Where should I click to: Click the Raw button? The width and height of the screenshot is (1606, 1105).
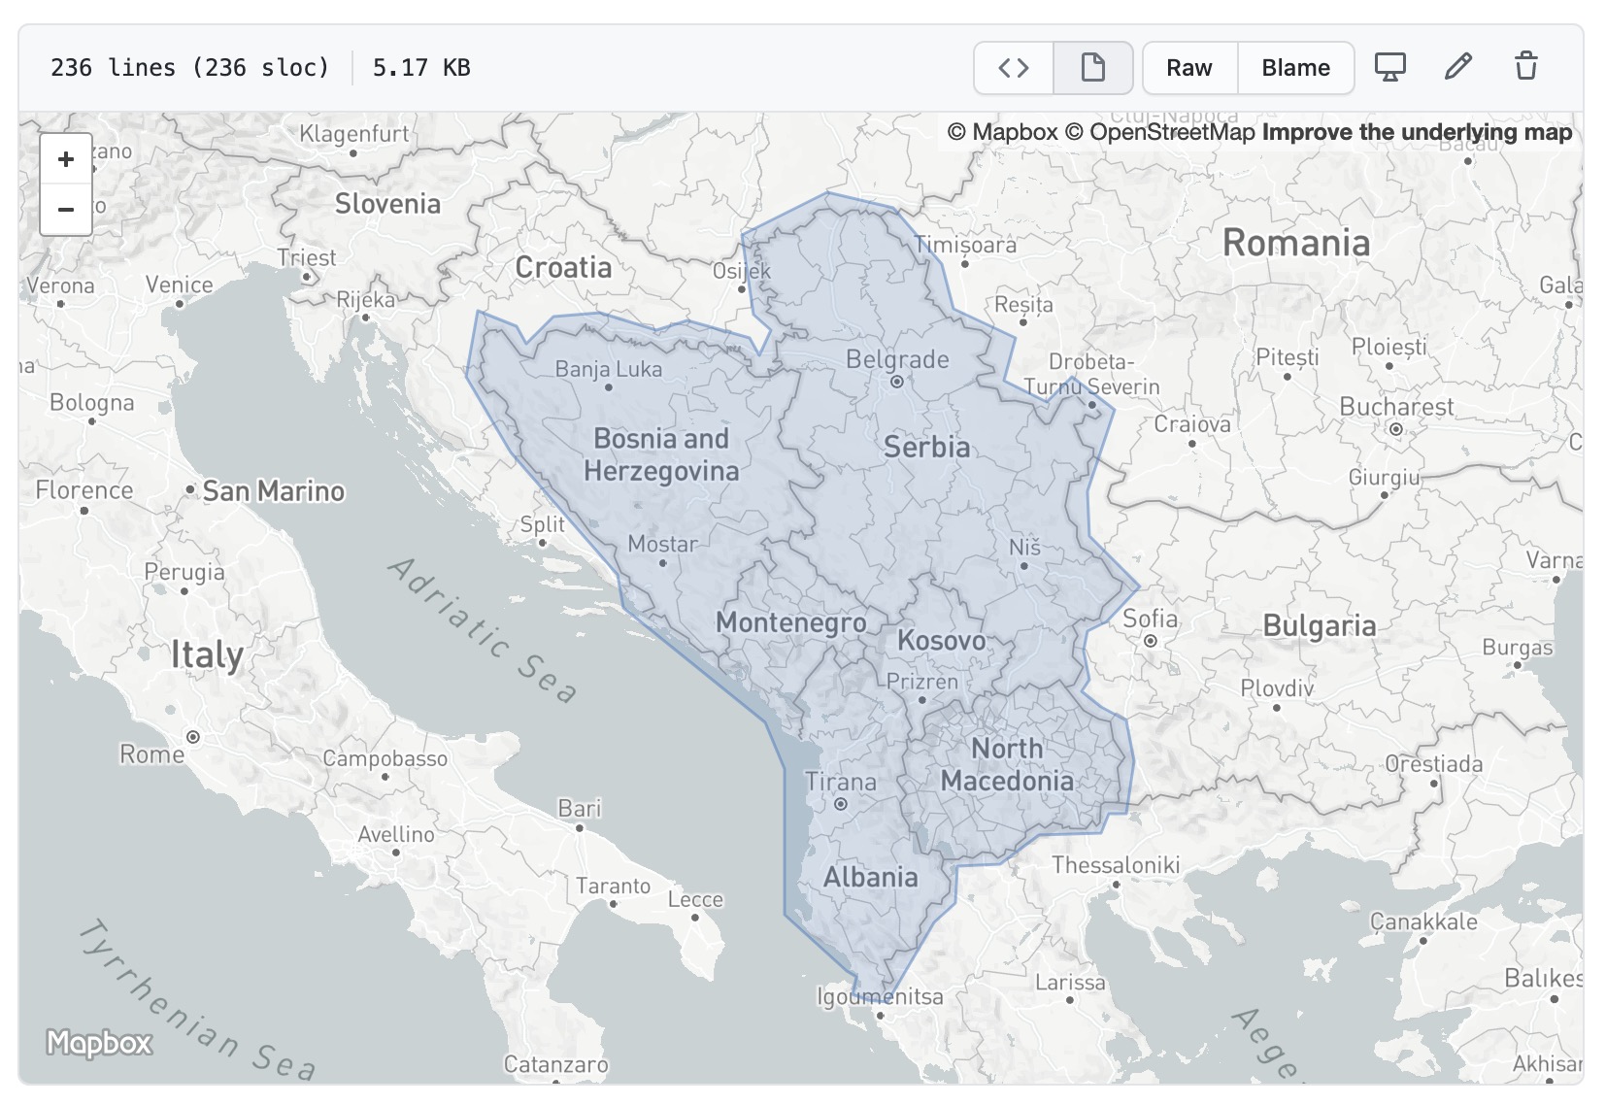1189,68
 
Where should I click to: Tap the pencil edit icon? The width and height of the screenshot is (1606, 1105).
1457,67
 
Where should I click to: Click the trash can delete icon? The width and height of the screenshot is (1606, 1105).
1525,67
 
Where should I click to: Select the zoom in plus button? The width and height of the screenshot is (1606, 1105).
66,159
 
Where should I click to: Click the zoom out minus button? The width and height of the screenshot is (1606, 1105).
66,210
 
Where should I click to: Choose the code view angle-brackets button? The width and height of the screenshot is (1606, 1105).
1014,68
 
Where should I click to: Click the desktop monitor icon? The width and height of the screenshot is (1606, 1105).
1389,67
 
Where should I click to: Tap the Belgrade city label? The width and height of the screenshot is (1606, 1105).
897,359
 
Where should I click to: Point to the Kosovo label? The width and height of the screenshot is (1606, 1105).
941,641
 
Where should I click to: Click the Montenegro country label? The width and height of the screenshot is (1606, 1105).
791,622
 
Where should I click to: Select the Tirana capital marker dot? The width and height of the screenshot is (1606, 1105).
841,804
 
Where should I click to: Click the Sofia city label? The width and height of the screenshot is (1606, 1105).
1150,619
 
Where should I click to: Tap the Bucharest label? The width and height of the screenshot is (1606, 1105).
1396,407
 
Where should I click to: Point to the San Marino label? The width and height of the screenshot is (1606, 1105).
273,491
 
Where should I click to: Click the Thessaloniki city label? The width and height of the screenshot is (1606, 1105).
1116,865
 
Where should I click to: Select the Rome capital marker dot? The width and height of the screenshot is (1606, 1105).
193,737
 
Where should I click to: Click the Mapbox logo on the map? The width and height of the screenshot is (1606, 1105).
99,1043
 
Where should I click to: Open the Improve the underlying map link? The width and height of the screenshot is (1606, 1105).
1417,132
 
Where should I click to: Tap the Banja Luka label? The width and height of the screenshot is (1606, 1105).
609,369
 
